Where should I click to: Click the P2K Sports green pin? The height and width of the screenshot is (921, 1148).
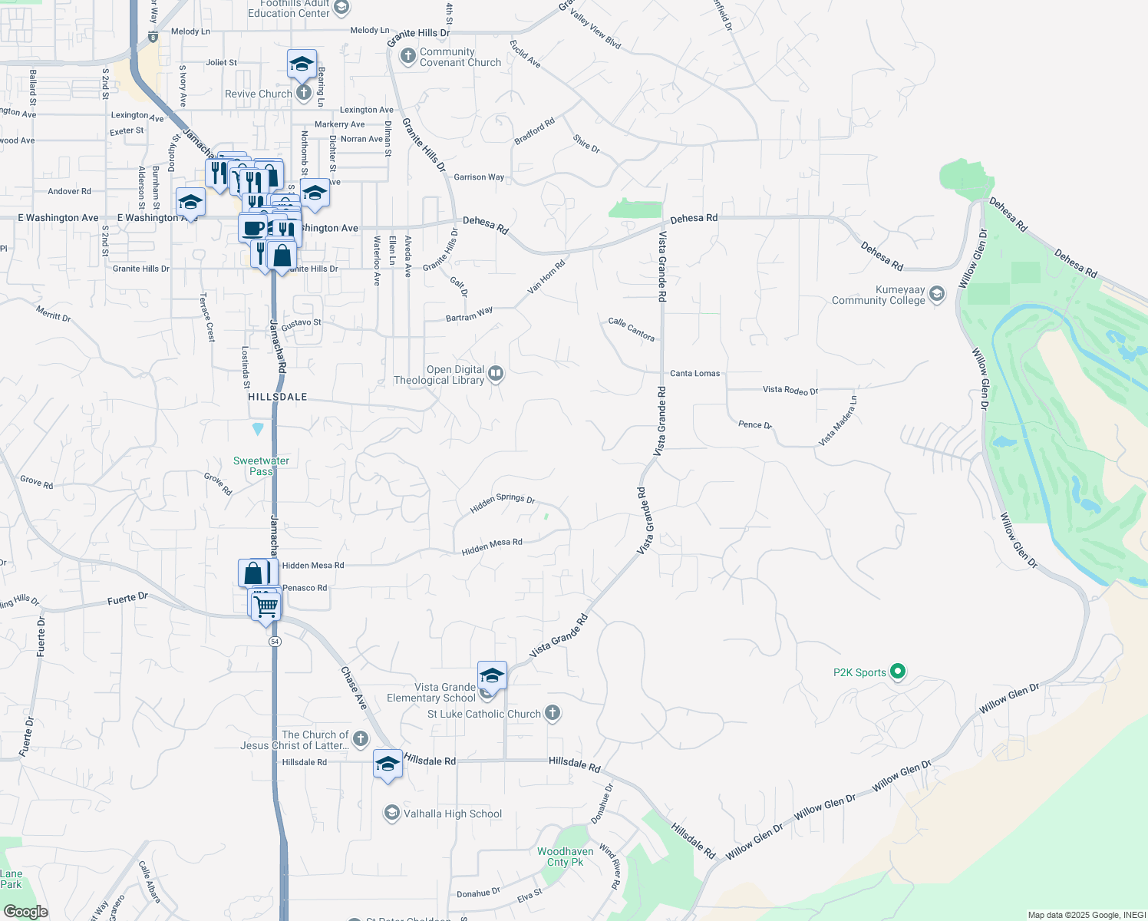[897, 672]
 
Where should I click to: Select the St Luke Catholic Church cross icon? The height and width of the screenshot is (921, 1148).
[552, 713]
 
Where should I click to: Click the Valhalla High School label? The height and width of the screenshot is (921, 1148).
[453, 814]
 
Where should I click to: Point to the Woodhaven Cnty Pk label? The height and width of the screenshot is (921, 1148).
[565, 857]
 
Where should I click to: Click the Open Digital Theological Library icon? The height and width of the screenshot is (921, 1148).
[496, 374]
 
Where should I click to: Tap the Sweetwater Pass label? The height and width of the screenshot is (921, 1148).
[261, 466]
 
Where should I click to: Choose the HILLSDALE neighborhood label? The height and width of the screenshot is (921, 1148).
[278, 397]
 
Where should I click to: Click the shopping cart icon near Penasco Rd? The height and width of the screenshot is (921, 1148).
[266, 606]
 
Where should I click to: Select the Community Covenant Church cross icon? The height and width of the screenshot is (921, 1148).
[407, 56]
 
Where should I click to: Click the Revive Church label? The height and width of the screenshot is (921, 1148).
[259, 94]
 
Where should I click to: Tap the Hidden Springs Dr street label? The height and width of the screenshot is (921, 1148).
[502, 503]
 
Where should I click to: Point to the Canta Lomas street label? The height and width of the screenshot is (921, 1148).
[694, 374]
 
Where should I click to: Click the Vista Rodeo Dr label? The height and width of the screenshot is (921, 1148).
[790, 391]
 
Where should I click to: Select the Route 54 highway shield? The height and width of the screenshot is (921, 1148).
[275, 641]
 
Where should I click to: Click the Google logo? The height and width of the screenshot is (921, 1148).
[26, 912]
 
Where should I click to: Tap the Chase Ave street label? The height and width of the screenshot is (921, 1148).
[354, 688]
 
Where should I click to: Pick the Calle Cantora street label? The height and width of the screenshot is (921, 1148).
[631, 329]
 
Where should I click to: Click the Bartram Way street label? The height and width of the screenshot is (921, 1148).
[469, 315]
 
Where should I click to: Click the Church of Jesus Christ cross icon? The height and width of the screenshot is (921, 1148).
[360, 738]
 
